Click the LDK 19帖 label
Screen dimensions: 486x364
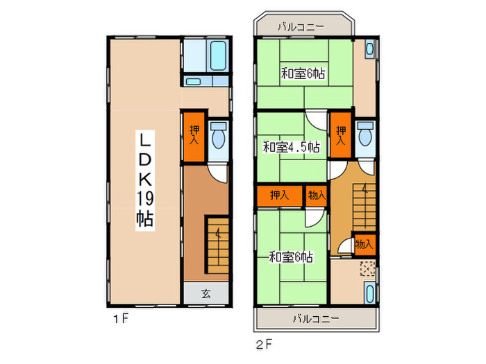[145, 180]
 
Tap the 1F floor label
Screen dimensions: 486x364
[121, 318]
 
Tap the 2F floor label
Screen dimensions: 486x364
[264, 344]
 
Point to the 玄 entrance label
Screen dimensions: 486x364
[206, 293]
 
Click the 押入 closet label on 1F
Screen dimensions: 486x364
[194, 135]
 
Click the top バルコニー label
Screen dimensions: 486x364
[301, 27]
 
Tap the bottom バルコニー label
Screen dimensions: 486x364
[316, 318]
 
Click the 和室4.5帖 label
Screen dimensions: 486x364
[292, 147]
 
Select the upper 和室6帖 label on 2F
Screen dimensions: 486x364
[303, 73]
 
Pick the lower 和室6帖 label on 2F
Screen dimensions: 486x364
[291, 257]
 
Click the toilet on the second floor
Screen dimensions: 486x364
[365, 133]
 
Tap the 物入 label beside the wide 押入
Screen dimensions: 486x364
[317, 196]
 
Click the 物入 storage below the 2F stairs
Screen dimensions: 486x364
[364, 245]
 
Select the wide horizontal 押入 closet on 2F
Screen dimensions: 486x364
[280, 196]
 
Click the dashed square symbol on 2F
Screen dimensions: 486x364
[367, 268]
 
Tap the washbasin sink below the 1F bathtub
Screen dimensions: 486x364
[194, 82]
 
